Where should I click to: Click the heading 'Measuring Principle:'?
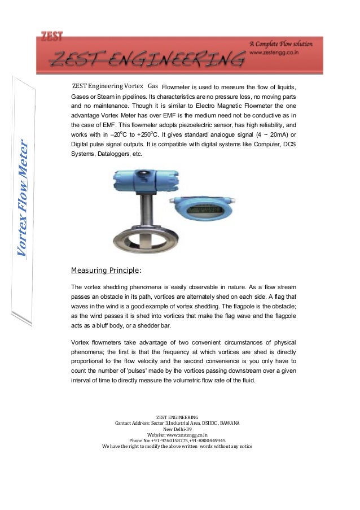pyautogui.click(x=106, y=269)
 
